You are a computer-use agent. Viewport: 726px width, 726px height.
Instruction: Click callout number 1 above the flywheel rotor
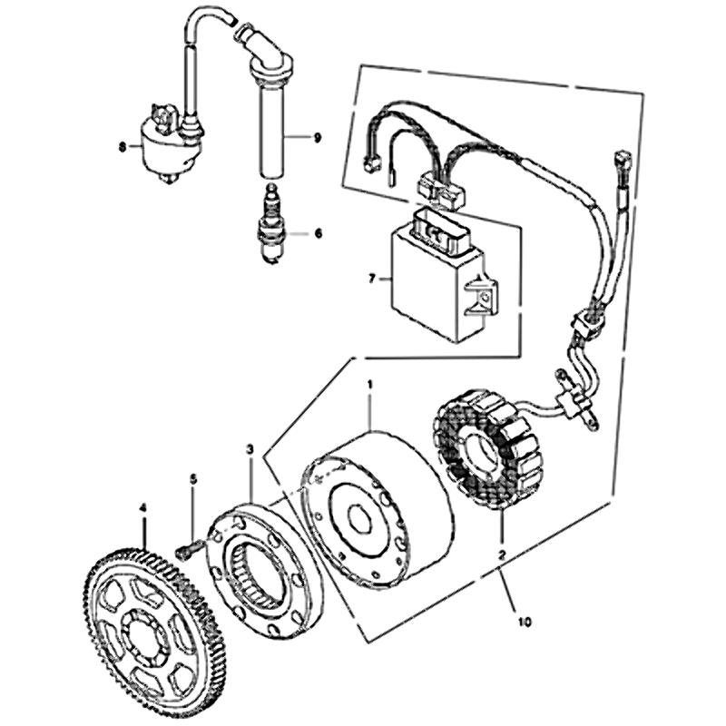point(370,384)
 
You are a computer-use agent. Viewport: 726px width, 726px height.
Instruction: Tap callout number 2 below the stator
point(502,554)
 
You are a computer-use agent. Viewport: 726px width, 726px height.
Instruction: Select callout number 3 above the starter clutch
point(250,448)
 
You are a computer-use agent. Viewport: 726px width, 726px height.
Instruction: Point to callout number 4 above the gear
point(143,508)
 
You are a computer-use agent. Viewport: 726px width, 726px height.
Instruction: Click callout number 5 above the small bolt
point(193,479)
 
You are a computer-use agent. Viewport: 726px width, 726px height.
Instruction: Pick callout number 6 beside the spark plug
point(319,233)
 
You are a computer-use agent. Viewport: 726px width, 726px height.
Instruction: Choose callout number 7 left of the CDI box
point(371,280)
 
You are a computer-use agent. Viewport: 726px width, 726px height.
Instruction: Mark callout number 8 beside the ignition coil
point(122,147)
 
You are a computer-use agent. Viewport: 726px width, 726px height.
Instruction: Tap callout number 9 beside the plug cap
point(317,138)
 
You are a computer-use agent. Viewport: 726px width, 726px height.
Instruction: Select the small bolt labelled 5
point(188,547)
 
